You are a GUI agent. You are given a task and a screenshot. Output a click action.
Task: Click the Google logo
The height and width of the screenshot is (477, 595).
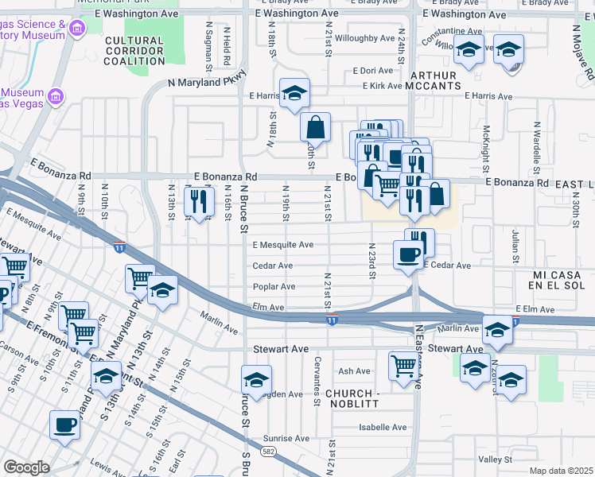(x=26, y=467)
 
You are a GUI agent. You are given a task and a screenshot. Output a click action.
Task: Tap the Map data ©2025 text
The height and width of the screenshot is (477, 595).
(x=561, y=471)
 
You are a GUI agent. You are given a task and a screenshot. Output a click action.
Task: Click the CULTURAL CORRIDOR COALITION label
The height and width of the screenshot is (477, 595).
(x=134, y=51)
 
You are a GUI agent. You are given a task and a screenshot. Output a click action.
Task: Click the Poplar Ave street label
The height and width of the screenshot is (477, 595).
(x=274, y=286)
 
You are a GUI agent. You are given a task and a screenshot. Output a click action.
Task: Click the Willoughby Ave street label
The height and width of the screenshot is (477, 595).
(x=364, y=38)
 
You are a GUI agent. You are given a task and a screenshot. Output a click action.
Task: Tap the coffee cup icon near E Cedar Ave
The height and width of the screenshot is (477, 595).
(x=409, y=255)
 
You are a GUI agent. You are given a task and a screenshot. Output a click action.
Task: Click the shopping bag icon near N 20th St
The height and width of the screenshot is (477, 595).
(x=316, y=126)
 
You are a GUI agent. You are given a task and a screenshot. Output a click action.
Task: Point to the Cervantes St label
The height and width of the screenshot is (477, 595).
(x=317, y=390)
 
